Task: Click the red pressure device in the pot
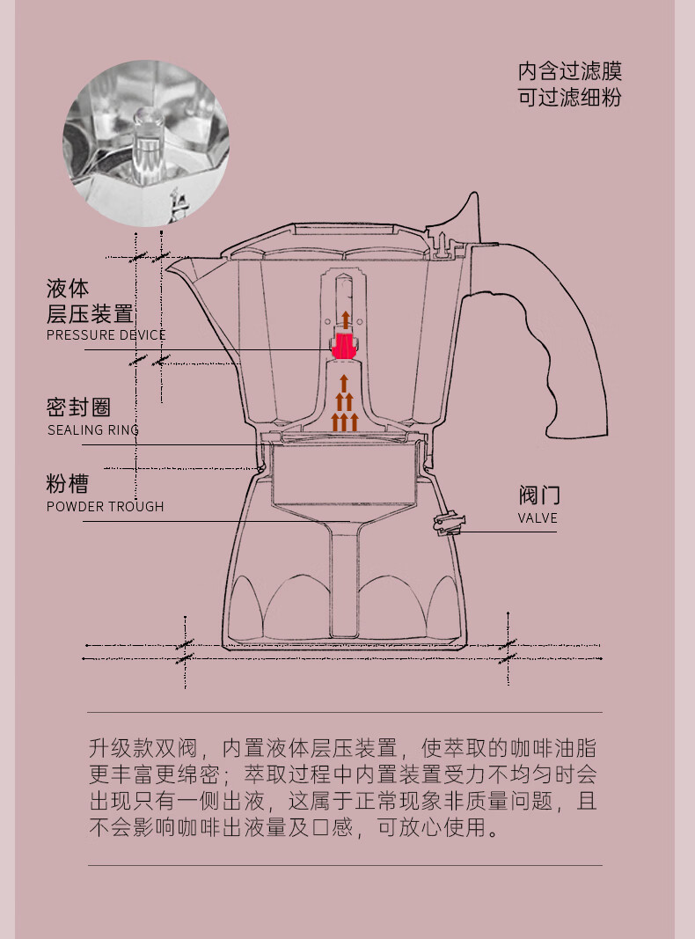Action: tap(342, 345)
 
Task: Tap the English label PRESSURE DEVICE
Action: tap(106, 335)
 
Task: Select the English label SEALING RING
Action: tap(93, 430)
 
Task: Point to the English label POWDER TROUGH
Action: tap(106, 507)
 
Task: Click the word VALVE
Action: tap(538, 518)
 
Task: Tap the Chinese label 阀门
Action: tap(539, 495)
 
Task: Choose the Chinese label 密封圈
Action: tap(79, 407)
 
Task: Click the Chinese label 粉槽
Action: tap(68, 484)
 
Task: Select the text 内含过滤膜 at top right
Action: tap(570, 71)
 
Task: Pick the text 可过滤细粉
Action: tap(570, 98)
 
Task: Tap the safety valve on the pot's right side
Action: tap(446, 525)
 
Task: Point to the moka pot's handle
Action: tap(554, 334)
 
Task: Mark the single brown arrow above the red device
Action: tap(346, 319)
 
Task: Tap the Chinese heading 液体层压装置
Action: tap(90, 301)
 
